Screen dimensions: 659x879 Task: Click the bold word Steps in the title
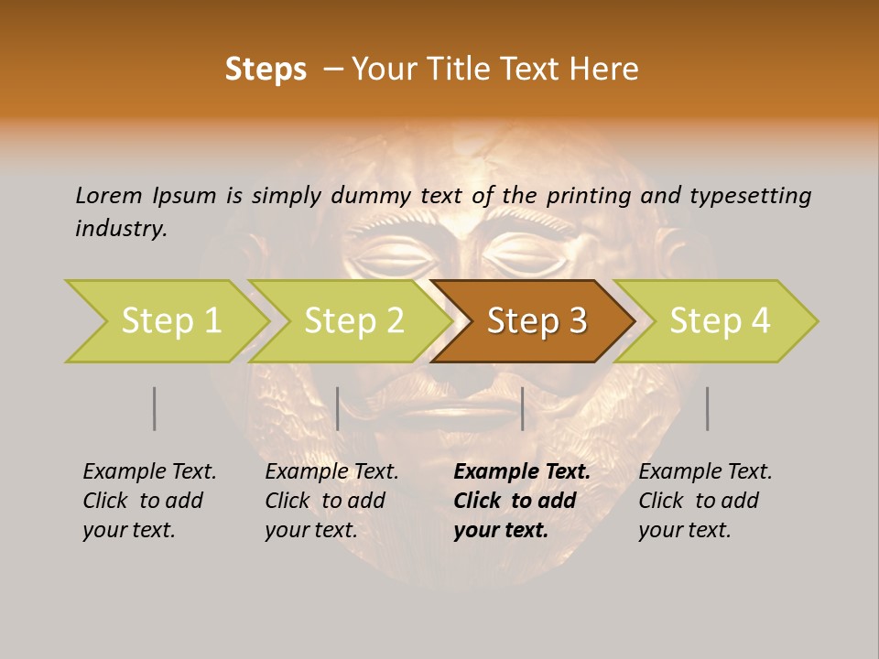coord(266,70)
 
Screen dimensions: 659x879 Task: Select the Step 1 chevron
coord(170,320)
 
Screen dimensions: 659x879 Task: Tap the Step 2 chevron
coord(353,320)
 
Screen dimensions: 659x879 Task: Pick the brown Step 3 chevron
coord(537,320)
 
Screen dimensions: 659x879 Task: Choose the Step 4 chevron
coord(720,320)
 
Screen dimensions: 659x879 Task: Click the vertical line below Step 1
coord(155,408)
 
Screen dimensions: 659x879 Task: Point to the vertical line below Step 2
coord(338,408)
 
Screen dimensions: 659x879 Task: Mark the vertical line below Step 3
coord(522,408)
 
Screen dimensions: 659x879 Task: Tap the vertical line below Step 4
coord(708,408)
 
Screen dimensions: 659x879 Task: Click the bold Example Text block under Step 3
coord(521,501)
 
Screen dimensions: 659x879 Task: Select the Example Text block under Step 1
coord(149,501)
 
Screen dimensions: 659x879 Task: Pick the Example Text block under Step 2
coord(331,501)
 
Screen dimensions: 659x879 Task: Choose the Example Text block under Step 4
coord(705,501)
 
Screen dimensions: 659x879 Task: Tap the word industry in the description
coord(121,228)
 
